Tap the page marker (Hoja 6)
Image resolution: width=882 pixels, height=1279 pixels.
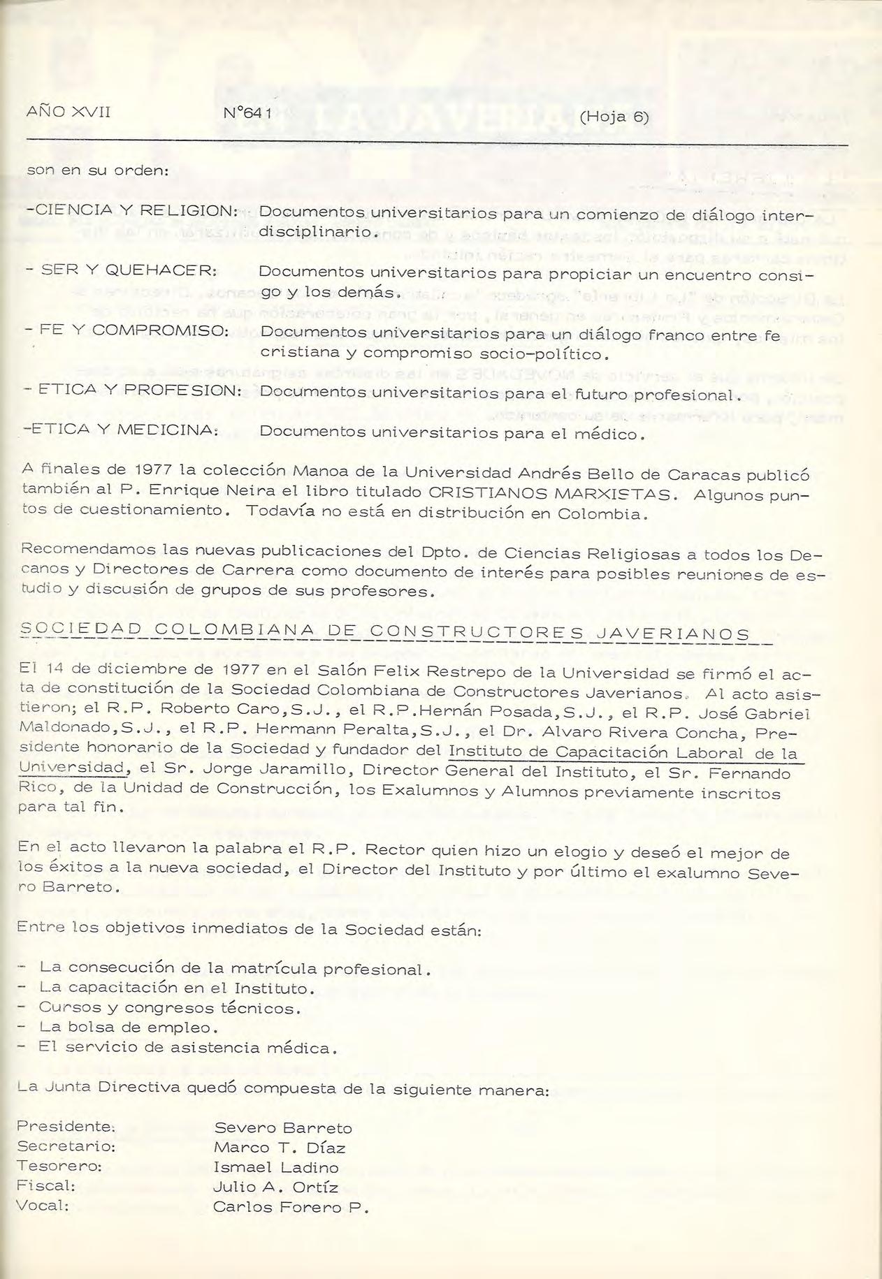[x=614, y=117]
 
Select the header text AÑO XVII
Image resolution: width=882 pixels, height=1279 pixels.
[x=68, y=112]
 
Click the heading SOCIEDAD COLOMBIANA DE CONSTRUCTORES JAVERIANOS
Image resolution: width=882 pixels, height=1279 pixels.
[x=386, y=634]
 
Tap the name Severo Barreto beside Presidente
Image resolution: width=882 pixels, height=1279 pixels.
[x=283, y=1128]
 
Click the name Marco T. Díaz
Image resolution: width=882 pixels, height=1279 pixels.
[x=280, y=1148]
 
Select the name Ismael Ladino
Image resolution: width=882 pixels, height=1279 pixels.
[x=276, y=1167]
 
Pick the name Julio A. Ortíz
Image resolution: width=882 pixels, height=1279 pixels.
[x=275, y=1187]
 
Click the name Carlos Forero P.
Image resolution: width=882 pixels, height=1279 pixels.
[x=290, y=1208]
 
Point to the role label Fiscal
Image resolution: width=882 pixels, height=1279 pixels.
[x=46, y=1186]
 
